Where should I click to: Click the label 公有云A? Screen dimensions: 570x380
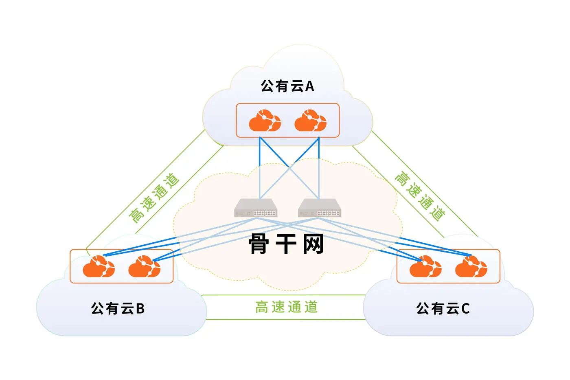point(287,86)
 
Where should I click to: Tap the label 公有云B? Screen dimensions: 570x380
point(118,308)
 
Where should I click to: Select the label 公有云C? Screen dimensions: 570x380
point(443,308)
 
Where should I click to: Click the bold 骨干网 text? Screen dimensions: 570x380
point(286,244)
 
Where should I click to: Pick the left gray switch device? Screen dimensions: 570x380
point(256,208)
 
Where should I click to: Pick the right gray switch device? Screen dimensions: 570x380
point(320,208)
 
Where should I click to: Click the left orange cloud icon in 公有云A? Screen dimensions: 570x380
point(265,121)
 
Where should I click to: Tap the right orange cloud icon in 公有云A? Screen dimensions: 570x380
point(310,121)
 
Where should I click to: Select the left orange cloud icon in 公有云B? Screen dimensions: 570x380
point(99,266)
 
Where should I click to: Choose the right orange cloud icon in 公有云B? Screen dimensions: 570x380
point(144,266)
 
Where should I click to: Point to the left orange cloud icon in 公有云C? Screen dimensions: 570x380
point(425,266)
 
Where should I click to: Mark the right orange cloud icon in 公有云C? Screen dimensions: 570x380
point(471,266)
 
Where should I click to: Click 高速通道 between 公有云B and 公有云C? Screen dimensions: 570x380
point(287,307)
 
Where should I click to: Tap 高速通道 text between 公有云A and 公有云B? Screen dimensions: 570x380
point(154,198)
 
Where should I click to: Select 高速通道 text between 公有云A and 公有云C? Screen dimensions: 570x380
point(420,196)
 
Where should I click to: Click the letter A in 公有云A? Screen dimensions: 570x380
point(309,86)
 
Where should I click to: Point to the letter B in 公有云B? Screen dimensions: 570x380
point(140,309)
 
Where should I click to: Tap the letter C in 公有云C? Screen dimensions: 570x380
point(465,309)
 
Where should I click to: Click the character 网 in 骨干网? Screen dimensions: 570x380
point(313,244)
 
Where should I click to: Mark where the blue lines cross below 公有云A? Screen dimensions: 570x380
point(289,167)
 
